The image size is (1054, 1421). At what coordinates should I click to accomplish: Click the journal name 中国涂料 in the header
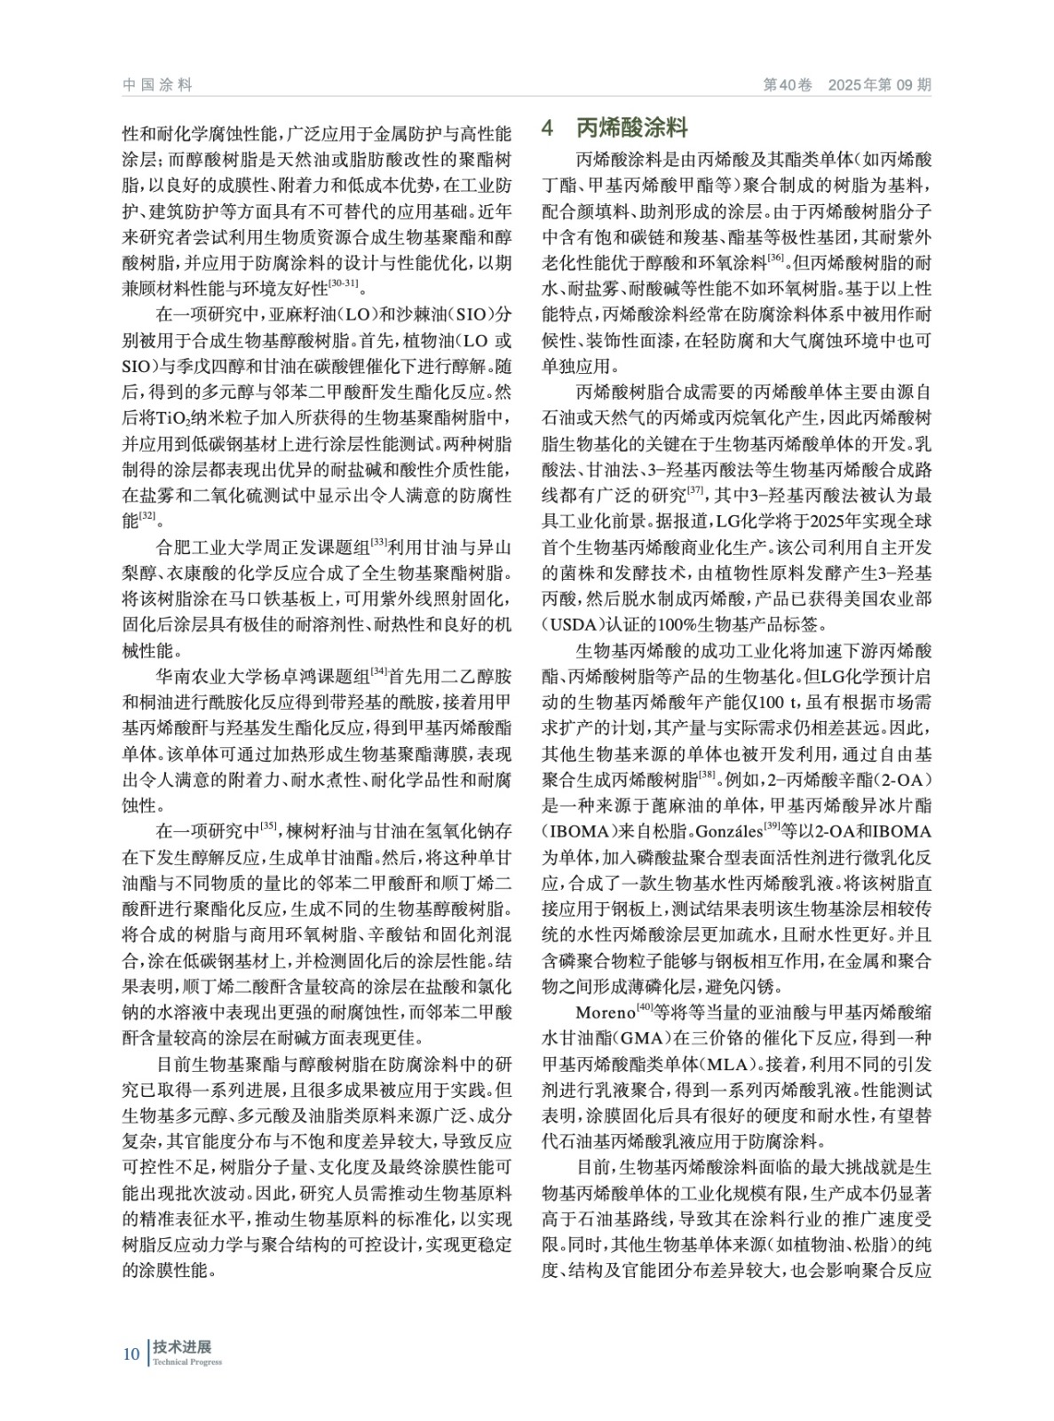tap(157, 85)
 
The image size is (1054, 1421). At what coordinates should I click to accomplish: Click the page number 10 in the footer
tap(131, 1354)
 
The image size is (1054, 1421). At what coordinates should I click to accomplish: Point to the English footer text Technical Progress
tap(187, 1362)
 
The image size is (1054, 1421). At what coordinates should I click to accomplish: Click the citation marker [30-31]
tap(343, 283)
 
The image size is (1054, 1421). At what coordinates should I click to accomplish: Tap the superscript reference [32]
tap(148, 515)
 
